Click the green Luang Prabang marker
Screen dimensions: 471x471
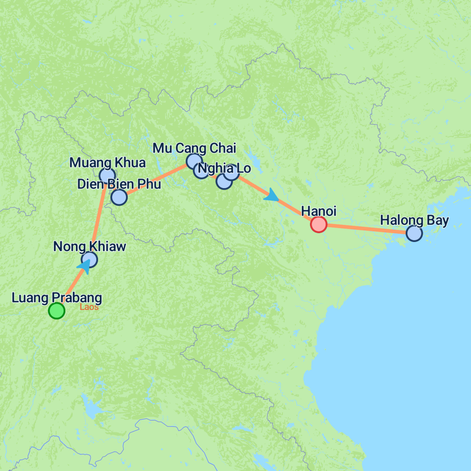click(x=57, y=311)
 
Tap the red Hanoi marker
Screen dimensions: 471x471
click(x=318, y=224)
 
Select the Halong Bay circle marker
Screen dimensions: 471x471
click(x=414, y=234)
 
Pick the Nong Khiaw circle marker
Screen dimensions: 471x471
click(x=89, y=259)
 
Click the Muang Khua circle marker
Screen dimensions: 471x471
click(x=107, y=175)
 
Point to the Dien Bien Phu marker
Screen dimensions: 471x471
click(x=119, y=197)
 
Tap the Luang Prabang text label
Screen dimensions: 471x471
click(x=57, y=298)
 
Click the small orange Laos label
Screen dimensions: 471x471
click(x=89, y=307)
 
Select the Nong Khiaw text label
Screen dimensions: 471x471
click(x=89, y=247)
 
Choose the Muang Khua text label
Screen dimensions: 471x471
click(x=107, y=162)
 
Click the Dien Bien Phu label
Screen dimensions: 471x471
click(x=119, y=184)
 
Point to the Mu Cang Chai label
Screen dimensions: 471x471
click(x=194, y=148)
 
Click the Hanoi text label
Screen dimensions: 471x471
click(x=318, y=212)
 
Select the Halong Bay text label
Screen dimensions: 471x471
click(x=414, y=220)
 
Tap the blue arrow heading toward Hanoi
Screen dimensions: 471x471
click(x=271, y=195)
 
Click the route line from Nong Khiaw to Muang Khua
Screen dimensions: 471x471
click(x=98, y=216)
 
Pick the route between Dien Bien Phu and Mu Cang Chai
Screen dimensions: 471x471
click(x=156, y=179)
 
